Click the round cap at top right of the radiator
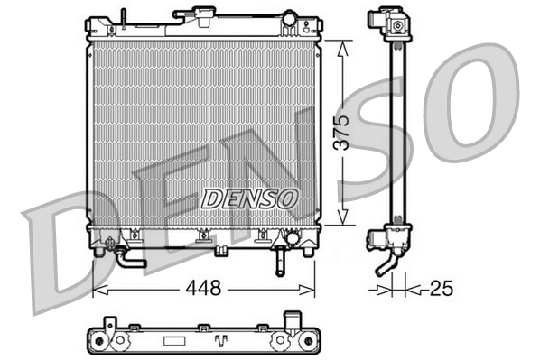(x=289, y=19)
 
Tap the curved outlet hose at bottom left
(x=126, y=260)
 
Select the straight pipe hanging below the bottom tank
(x=278, y=260)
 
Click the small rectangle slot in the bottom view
(x=172, y=341)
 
